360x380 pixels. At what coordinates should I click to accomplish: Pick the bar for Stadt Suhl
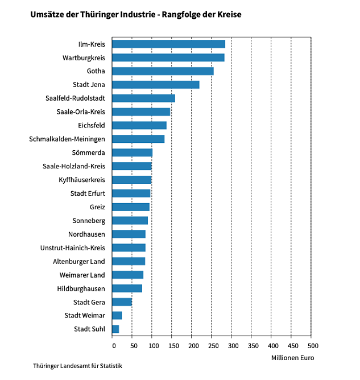[x=115, y=329]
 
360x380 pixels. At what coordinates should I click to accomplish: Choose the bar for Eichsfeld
[x=139, y=125]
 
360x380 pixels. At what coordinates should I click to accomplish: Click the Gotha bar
[x=163, y=71]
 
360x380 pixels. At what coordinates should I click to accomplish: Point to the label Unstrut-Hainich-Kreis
[x=73, y=247]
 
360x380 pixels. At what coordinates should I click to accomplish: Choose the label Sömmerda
[x=88, y=152]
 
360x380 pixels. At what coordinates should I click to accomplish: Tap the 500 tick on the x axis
[x=311, y=345]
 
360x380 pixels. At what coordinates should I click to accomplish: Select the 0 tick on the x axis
[x=113, y=345]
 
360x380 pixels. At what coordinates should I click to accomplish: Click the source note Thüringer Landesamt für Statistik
[x=77, y=366]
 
